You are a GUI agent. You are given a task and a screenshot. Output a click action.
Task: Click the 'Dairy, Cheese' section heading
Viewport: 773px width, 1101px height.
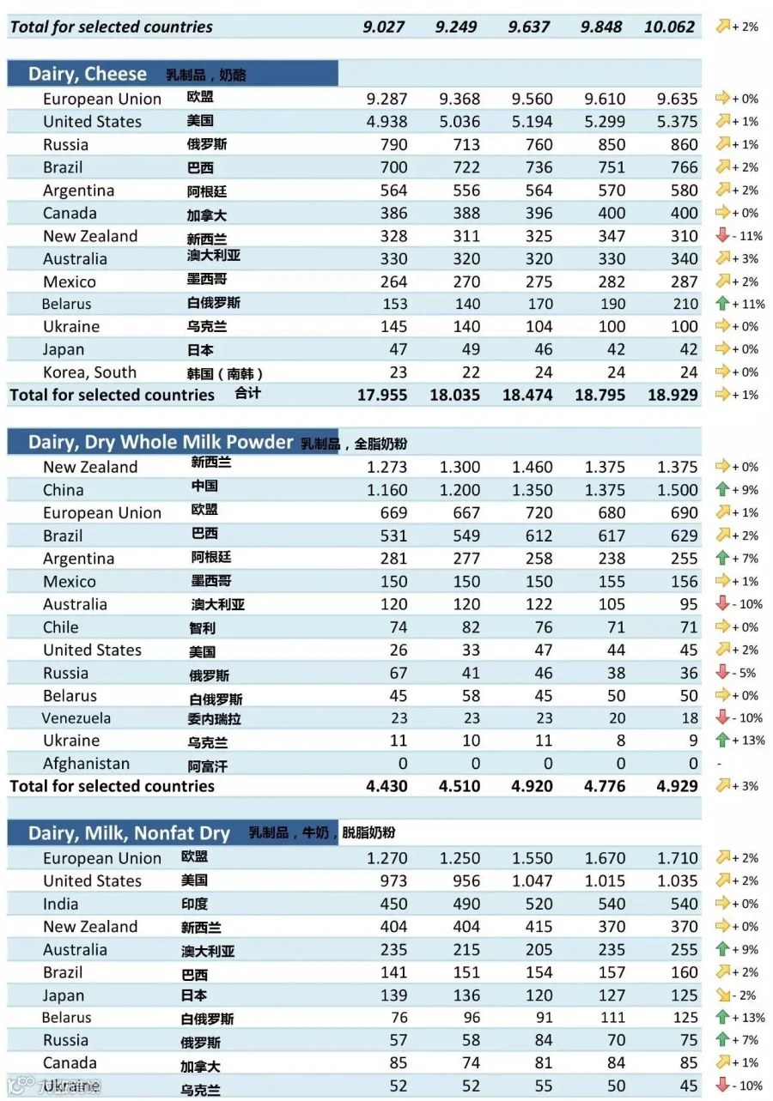click(x=88, y=74)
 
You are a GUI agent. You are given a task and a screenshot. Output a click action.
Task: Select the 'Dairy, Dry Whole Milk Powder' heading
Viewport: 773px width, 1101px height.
click(x=161, y=442)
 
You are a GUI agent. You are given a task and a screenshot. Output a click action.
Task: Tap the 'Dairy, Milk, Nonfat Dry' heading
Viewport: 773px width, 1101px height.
click(x=129, y=833)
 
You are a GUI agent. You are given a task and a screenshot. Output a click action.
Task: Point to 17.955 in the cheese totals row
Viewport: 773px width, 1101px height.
click(x=382, y=395)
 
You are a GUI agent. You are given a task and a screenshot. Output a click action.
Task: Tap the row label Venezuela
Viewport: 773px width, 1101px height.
click(x=76, y=718)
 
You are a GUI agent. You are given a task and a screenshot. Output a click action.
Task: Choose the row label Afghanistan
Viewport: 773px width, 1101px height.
click(x=87, y=764)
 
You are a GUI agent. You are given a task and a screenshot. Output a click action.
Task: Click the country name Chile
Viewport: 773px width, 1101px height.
click(x=61, y=627)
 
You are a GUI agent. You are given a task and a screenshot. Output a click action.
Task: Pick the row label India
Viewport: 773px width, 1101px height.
click(x=61, y=904)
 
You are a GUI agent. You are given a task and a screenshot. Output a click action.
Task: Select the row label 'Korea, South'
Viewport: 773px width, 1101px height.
click(x=90, y=372)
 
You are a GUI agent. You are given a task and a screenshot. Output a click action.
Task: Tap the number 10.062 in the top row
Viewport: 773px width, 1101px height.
click(x=669, y=27)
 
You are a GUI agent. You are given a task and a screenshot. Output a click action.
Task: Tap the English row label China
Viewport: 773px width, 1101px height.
click(x=64, y=490)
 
